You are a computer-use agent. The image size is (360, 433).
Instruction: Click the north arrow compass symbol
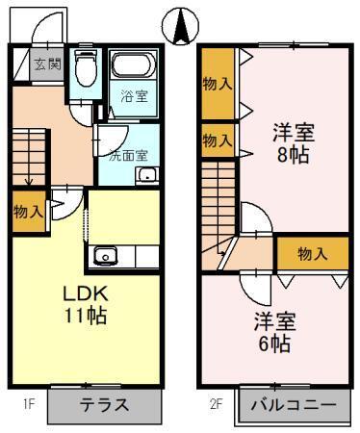(x=179, y=26)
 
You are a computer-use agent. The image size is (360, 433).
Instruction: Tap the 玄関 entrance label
(x=47, y=65)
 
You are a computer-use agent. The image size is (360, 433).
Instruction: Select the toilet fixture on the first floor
(x=86, y=68)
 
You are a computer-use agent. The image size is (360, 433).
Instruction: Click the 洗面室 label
(x=126, y=151)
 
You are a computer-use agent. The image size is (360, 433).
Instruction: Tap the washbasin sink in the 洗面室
(x=147, y=174)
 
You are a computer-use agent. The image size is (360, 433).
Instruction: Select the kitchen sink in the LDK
(x=105, y=256)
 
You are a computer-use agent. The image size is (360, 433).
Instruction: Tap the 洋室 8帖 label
(x=296, y=142)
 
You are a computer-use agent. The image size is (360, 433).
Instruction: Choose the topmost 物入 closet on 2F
(x=217, y=84)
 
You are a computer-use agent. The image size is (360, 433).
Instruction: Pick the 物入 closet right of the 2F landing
(x=312, y=254)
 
